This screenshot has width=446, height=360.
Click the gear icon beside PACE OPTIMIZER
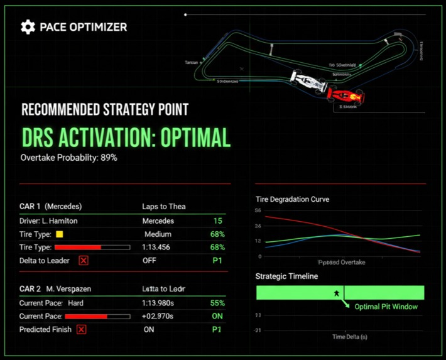(28, 26)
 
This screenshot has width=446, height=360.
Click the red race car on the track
(345, 96)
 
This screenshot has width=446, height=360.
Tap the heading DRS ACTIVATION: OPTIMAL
(126, 137)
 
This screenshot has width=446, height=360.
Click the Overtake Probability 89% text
(69, 157)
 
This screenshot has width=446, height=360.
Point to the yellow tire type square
(60, 234)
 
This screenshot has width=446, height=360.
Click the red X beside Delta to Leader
(84, 260)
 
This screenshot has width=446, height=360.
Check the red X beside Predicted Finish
(81, 329)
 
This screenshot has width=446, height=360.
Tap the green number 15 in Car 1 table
(217, 221)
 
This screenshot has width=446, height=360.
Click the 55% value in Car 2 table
(217, 303)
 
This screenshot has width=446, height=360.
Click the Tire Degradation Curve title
(292, 199)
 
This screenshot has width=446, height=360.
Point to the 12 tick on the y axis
(258, 241)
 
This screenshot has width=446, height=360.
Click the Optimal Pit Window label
(386, 307)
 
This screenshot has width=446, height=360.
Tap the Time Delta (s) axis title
(350, 337)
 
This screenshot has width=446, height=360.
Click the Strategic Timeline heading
(286, 276)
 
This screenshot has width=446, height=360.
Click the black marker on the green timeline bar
(337, 293)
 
